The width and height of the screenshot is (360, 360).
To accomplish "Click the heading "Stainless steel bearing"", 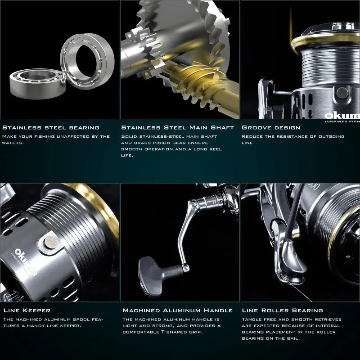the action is (x=51, y=127).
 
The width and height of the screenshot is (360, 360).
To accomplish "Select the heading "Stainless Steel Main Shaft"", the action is (x=177, y=127).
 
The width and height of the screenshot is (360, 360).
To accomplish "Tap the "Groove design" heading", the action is (x=271, y=127).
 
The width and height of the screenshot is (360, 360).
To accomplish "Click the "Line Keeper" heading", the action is (x=27, y=310).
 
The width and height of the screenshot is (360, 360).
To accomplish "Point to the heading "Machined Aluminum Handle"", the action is (x=177, y=310).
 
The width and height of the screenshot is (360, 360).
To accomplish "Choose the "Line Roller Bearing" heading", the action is (x=283, y=310).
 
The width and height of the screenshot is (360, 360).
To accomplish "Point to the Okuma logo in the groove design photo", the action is (x=342, y=116).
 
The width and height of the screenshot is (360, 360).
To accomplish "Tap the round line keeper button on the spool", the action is (x=51, y=242).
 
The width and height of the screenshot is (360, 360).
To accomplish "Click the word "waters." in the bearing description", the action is (x=13, y=143).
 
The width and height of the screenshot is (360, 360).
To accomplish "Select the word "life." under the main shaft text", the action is (x=127, y=155).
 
